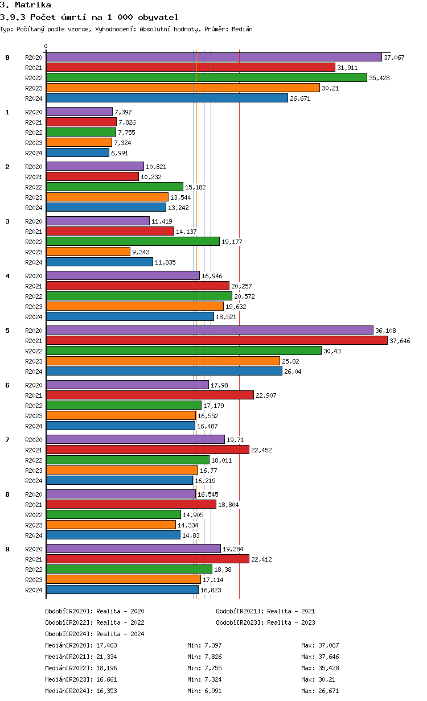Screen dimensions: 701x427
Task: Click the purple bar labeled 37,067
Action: tap(213, 57)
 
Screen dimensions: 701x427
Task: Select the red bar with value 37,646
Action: tap(216, 340)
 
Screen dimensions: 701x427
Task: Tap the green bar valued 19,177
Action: tap(133, 241)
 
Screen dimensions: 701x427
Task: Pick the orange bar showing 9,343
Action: tap(88, 251)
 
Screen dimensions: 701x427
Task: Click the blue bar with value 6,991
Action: tap(77, 152)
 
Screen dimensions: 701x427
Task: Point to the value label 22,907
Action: tap(266, 395)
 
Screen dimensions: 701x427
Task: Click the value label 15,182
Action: tap(195, 187)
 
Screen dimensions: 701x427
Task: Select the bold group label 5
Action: tap(7, 331)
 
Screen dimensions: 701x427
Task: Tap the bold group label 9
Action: tap(7, 549)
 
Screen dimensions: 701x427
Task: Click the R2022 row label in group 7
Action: tap(34, 460)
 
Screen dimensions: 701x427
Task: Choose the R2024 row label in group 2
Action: tap(34, 208)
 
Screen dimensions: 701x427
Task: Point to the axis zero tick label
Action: tap(46, 46)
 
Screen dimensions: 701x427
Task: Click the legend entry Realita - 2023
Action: tap(291, 622)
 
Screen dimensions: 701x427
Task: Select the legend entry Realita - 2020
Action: tap(120, 611)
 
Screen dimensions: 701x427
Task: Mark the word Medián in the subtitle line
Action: tap(242, 29)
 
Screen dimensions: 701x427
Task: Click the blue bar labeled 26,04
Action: tap(164, 371)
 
